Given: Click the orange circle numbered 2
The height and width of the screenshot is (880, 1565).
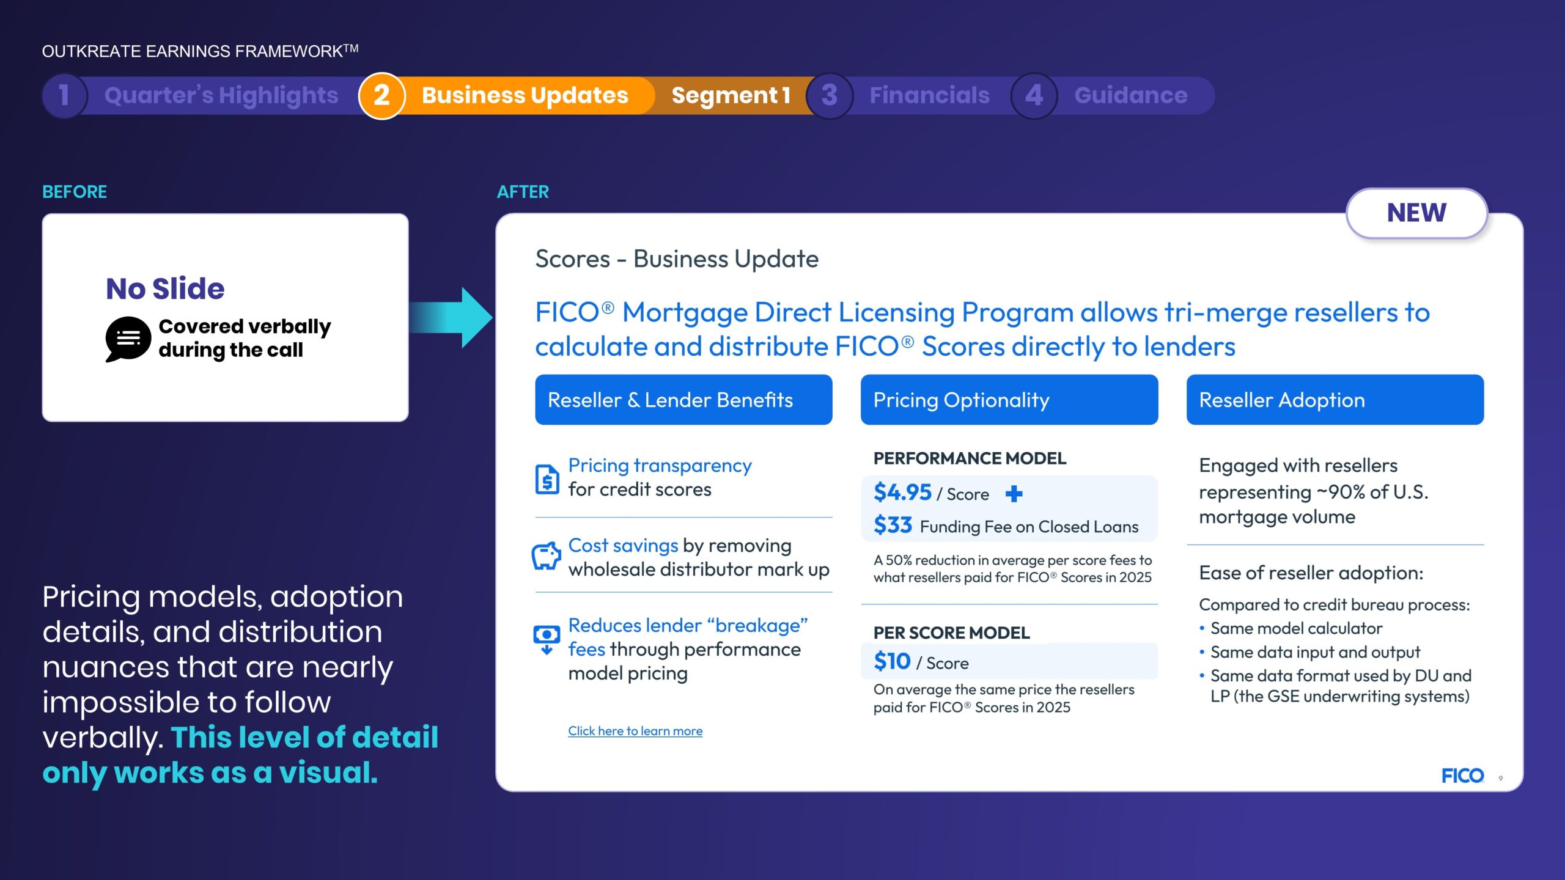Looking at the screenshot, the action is point(381,95).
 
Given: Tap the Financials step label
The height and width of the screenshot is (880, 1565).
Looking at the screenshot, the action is point(929,95).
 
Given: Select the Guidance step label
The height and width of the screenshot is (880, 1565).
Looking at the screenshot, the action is point(1131,95).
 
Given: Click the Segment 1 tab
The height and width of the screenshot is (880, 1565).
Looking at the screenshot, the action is point(731,95).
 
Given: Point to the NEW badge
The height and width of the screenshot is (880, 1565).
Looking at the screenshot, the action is point(1416,213).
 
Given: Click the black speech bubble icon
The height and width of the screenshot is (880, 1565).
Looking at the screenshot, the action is point(128,339).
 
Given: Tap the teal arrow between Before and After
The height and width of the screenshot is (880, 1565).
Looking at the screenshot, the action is point(451,317).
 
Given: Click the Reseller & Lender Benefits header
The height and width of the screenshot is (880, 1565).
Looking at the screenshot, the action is point(683,400).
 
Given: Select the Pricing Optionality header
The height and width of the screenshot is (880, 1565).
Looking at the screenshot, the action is point(1009,400).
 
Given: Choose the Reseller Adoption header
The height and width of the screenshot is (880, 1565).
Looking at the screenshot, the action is point(1335,400).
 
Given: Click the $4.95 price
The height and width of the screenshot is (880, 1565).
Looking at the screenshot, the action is point(902,492).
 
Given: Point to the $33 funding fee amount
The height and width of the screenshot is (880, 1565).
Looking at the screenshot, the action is point(893,525).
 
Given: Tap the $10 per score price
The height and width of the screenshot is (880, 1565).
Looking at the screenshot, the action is point(892,661).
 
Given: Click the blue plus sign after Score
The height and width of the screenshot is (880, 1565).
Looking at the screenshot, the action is point(1014,493).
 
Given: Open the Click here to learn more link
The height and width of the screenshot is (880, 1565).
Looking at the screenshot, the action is point(635,731).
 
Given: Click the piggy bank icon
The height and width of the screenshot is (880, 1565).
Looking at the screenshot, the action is point(546,555).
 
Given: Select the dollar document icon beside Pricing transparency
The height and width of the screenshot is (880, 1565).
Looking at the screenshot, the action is point(547,479).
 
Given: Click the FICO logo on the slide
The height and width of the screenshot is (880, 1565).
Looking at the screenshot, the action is point(1462,776).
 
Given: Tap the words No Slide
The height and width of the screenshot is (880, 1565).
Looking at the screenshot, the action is point(165,288).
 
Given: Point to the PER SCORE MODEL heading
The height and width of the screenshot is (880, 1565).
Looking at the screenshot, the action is point(951,632).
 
